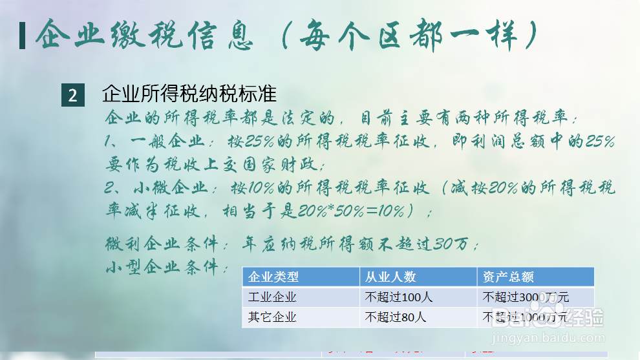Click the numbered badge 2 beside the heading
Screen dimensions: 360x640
[x=72, y=96]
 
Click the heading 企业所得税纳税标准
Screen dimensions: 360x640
[x=189, y=94]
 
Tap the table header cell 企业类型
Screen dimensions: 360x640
[x=273, y=277]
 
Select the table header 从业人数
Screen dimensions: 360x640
[x=390, y=277]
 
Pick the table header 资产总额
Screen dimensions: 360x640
[x=508, y=277]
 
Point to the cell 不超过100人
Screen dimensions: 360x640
[x=399, y=297]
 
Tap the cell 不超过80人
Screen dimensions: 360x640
[x=396, y=317]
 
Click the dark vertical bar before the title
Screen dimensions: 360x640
[x=23, y=36]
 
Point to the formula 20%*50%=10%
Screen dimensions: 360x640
[x=352, y=211]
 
